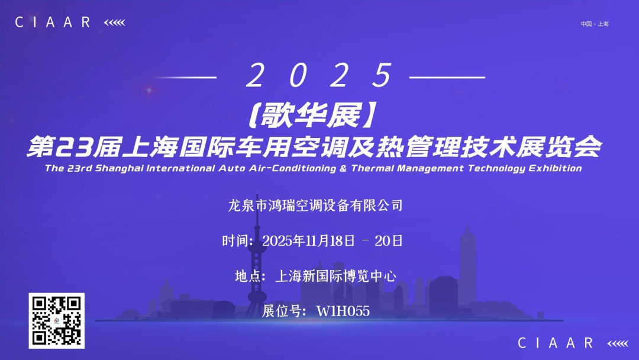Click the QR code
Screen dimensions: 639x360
[57, 321]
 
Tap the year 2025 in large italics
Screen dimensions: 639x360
[319, 75]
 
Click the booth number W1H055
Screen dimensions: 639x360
[343, 311]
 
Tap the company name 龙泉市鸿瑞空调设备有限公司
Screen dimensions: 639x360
[315, 205]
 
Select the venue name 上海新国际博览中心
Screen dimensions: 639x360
[336, 276]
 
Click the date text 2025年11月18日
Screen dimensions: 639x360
[308, 240]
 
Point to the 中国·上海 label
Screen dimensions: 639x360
[595, 24]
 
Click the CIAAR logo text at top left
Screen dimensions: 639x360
[53, 22]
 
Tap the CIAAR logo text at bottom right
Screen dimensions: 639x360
[556, 343]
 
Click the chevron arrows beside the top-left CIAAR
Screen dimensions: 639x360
[115, 22]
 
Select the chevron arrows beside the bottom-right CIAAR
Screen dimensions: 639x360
[618, 343]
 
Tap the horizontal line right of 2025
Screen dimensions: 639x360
[447, 77]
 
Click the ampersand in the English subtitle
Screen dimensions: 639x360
[343, 168]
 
